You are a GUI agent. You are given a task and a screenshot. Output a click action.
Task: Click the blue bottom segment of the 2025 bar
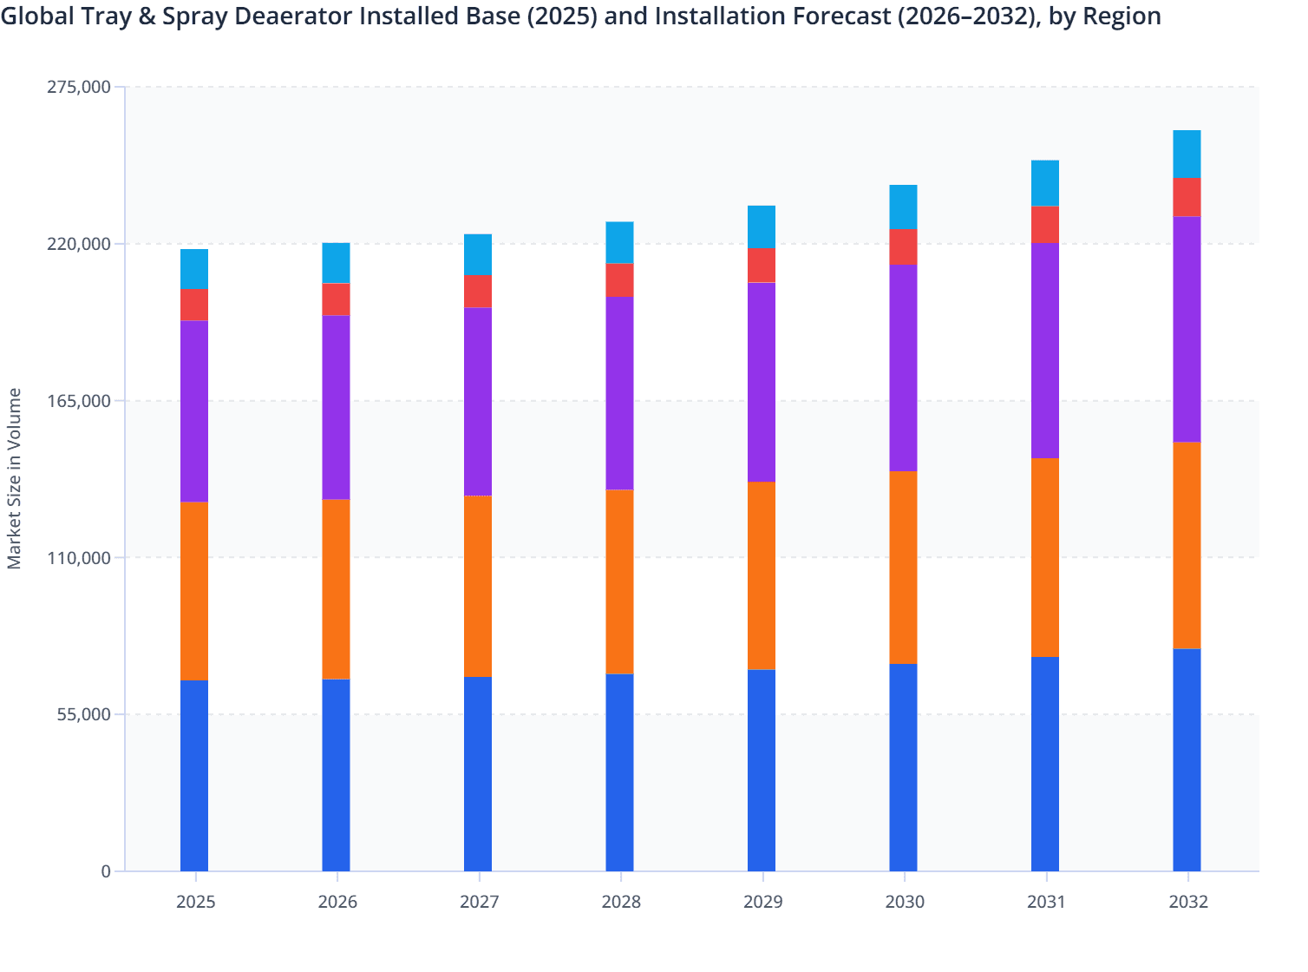194,775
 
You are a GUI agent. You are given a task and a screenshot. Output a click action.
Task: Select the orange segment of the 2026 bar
336,588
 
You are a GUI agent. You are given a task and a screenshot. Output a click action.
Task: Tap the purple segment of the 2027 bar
478,401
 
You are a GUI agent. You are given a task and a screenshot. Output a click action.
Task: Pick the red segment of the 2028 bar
619,279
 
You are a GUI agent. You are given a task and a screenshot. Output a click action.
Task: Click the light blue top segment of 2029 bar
762,227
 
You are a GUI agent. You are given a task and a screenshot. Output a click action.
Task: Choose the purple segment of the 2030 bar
903,368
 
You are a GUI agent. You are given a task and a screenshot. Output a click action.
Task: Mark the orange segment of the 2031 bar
1045,557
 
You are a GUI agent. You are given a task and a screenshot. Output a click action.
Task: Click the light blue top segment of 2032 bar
1187,154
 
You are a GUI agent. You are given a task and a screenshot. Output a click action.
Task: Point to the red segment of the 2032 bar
1187,197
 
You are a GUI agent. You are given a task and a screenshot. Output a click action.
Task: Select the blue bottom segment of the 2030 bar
903,767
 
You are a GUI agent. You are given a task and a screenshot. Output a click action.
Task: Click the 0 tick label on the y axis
106,871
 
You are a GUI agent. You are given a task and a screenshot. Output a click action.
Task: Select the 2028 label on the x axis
621,902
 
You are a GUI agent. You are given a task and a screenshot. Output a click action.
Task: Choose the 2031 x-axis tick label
1046,902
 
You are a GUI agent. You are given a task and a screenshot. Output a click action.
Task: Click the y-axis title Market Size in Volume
15,478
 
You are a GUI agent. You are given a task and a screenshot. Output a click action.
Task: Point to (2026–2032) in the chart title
961,16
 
